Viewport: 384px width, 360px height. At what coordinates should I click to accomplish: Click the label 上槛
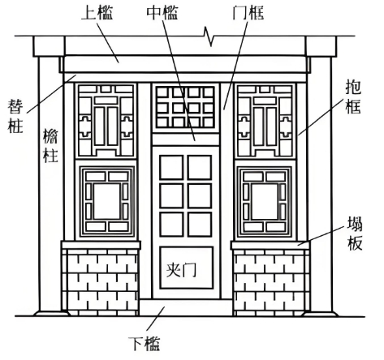coord(97,13)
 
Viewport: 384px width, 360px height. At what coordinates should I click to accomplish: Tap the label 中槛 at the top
coord(162,13)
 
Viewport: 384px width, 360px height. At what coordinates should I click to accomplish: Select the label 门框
coord(248,13)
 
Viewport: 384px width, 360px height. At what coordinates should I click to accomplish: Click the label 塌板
coord(355,234)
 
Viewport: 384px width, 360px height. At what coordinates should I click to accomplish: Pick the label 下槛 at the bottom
coord(145,344)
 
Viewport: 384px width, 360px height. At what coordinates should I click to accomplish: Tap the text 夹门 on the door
coord(181,269)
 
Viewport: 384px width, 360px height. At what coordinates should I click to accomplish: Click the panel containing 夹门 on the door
coord(186,268)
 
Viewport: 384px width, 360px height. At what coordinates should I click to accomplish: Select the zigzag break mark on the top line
coord(209,36)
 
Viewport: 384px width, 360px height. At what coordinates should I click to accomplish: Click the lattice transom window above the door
coord(186,107)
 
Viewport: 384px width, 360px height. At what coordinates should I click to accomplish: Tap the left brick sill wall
coord(101,282)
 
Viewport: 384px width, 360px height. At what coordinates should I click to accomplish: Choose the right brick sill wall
coord(271,282)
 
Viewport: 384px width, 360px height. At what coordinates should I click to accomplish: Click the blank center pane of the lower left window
coord(107,201)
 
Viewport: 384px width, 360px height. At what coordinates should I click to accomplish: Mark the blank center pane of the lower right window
coord(265,201)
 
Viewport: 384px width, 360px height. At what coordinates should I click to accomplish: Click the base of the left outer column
coord(51,314)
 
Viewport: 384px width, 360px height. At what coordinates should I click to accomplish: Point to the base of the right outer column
coord(321,314)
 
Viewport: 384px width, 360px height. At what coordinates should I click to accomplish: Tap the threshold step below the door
coord(186,307)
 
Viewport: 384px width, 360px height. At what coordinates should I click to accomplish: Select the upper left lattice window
coord(106,121)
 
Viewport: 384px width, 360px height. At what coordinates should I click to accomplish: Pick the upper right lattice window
coord(265,121)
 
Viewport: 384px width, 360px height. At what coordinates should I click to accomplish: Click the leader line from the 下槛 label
coord(156,319)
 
